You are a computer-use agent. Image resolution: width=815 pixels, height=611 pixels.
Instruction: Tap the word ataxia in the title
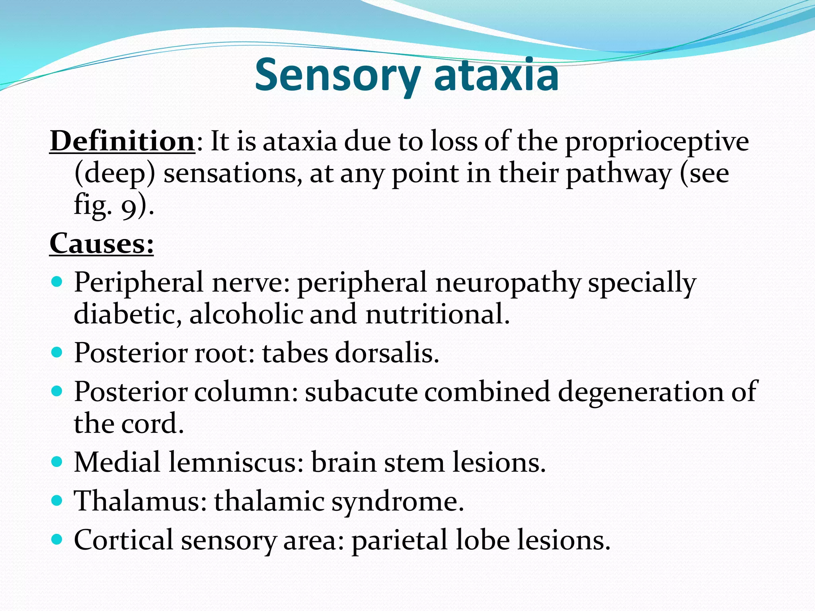pyautogui.click(x=496, y=75)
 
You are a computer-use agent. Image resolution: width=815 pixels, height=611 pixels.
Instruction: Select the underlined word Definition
pyautogui.click(x=122, y=141)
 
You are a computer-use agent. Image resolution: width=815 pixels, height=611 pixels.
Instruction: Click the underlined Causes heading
pyautogui.click(x=101, y=243)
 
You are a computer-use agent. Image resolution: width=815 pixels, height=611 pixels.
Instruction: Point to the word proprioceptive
pyautogui.click(x=657, y=142)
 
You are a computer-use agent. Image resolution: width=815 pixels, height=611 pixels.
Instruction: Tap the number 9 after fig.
pyautogui.click(x=128, y=208)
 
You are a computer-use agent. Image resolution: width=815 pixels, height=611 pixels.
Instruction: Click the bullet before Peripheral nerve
pyautogui.click(x=57, y=282)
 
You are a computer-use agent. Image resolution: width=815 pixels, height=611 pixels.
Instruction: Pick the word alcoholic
pyautogui.click(x=246, y=314)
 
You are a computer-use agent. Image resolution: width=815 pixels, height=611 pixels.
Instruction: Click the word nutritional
pyautogui.click(x=437, y=314)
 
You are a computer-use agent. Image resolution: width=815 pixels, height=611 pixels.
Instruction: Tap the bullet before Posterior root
pyautogui.click(x=57, y=352)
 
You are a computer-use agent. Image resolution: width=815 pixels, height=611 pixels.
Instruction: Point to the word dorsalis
pyautogui.click(x=386, y=353)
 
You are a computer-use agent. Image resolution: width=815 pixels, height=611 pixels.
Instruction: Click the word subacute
pyautogui.click(x=361, y=392)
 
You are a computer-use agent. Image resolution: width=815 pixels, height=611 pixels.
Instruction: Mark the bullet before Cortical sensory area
pyautogui.click(x=57, y=539)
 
